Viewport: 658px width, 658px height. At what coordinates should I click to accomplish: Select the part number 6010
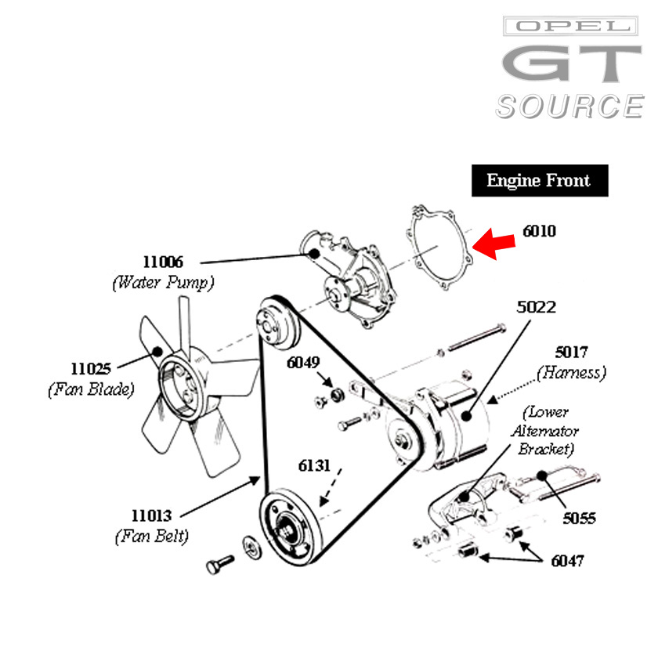pos(540,232)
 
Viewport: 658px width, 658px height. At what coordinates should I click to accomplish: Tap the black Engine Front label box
pos(539,181)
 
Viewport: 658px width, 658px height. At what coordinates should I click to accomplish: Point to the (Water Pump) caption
pos(163,282)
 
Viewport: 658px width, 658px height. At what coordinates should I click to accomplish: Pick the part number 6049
pos(303,363)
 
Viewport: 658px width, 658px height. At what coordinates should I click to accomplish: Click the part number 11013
pos(151,515)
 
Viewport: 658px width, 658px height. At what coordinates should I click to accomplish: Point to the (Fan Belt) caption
pos(151,537)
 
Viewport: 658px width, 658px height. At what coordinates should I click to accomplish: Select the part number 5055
pos(579,518)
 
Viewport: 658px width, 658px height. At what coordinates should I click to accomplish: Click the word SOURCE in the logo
pos(569,106)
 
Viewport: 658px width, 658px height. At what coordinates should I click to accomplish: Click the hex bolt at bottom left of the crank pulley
pos(219,563)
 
